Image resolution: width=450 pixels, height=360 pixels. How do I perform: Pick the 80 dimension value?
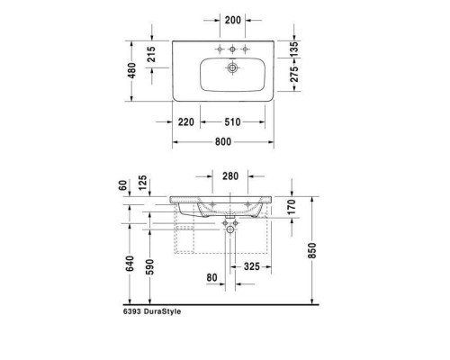pyautogui.click(x=212, y=277)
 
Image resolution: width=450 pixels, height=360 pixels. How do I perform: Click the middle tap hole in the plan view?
pyautogui.click(x=232, y=46)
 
